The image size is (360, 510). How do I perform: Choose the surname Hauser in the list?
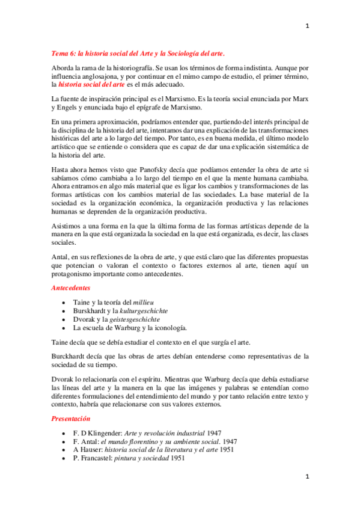pyautogui.click(x=88, y=450)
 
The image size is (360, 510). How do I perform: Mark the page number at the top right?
pyautogui.click(x=307, y=26)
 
